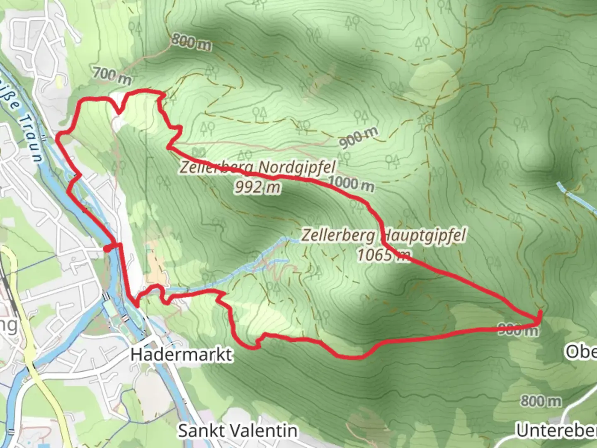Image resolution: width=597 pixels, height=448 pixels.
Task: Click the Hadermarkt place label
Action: (x=181, y=355)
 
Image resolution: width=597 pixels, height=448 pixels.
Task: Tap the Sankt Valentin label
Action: (x=238, y=431)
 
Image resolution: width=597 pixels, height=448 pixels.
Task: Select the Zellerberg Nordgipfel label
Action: (x=257, y=168)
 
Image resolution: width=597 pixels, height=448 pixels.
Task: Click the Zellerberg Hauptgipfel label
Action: (x=383, y=235)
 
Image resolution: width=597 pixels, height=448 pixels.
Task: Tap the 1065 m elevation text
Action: (x=383, y=255)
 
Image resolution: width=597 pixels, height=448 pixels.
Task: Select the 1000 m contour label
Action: (x=351, y=183)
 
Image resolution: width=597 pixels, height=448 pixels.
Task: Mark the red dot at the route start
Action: (x=107, y=248)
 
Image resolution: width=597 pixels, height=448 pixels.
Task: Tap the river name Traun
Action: (x=32, y=139)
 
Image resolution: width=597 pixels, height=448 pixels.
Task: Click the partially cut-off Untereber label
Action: (x=556, y=431)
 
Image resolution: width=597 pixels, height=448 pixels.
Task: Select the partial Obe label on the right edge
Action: (x=581, y=352)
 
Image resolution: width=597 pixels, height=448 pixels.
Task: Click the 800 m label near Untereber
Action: (x=541, y=401)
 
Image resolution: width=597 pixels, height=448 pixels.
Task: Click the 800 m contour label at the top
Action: (x=191, y=41)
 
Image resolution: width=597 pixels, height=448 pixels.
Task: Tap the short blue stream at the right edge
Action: (x=576, y=195)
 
